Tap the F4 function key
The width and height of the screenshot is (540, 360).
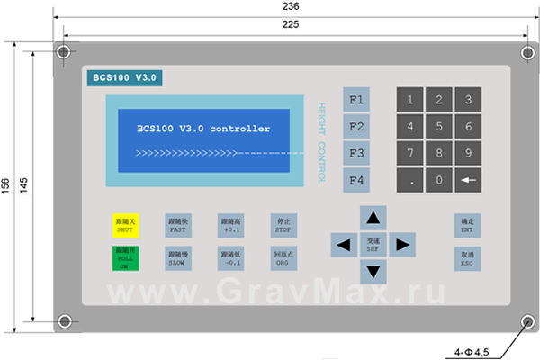(356, 181)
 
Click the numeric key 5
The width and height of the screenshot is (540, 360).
(438, 126)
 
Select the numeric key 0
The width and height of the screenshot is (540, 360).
(438, 180)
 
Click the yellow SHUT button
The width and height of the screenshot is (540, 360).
(124, 226)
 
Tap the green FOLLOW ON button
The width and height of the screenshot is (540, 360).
(124, 259)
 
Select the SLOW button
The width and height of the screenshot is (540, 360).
(176, 259)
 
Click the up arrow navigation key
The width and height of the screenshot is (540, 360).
(373, 217)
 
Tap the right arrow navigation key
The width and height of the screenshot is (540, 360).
(402, 243)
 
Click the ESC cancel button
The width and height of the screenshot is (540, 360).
(467, 259)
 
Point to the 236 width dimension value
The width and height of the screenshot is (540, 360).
(291, 6)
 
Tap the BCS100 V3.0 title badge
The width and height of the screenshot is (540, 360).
(124, 78)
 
